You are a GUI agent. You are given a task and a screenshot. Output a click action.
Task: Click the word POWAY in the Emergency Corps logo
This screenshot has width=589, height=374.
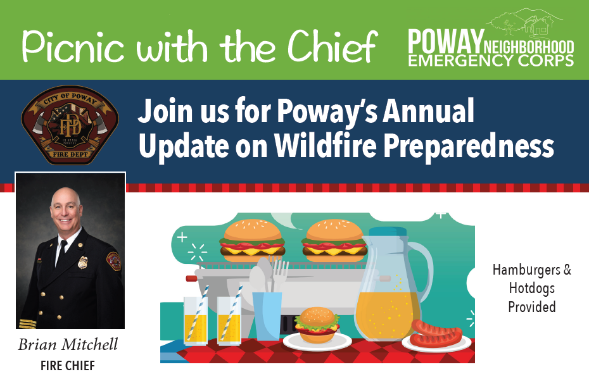tap(445, 41)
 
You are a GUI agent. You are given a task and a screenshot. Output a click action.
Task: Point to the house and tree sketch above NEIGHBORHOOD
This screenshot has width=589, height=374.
tap(526, 23)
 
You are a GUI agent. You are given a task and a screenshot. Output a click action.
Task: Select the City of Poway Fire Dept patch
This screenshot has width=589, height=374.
tap(70, 125)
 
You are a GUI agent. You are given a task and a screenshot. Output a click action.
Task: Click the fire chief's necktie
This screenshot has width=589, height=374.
tap(61, 252)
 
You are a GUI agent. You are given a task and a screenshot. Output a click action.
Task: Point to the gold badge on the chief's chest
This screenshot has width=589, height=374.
tap(82, 262)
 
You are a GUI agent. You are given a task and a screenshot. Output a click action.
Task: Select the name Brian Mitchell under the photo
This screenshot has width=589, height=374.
tap(68, 344)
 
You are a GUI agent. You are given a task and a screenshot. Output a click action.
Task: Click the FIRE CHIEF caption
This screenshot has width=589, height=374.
tap(68, 365)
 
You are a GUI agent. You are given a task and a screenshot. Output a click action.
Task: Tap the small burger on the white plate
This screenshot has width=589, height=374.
tap(317, 325)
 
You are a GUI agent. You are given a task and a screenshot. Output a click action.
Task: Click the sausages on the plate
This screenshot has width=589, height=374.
tap(436, 333)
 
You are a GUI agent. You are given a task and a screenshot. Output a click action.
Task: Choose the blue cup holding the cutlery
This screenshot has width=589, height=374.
tap(267, 315)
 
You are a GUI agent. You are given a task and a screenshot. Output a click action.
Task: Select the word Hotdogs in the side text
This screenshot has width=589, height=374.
tap(531, 289)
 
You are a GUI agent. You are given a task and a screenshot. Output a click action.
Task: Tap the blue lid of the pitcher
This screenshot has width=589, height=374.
tap(387, 232)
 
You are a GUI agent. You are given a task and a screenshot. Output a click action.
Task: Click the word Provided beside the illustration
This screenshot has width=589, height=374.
tap(531, 307)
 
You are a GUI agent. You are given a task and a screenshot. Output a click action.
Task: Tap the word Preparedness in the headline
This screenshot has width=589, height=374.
tap(469, 146)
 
